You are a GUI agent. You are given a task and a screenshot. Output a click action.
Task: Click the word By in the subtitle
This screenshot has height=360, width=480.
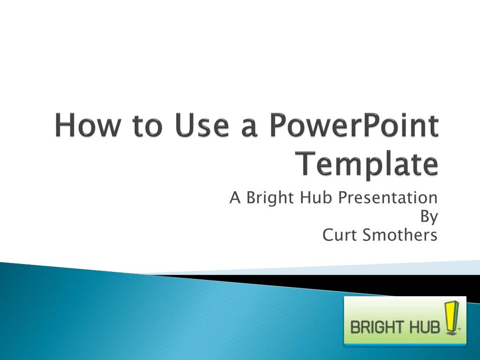428,217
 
